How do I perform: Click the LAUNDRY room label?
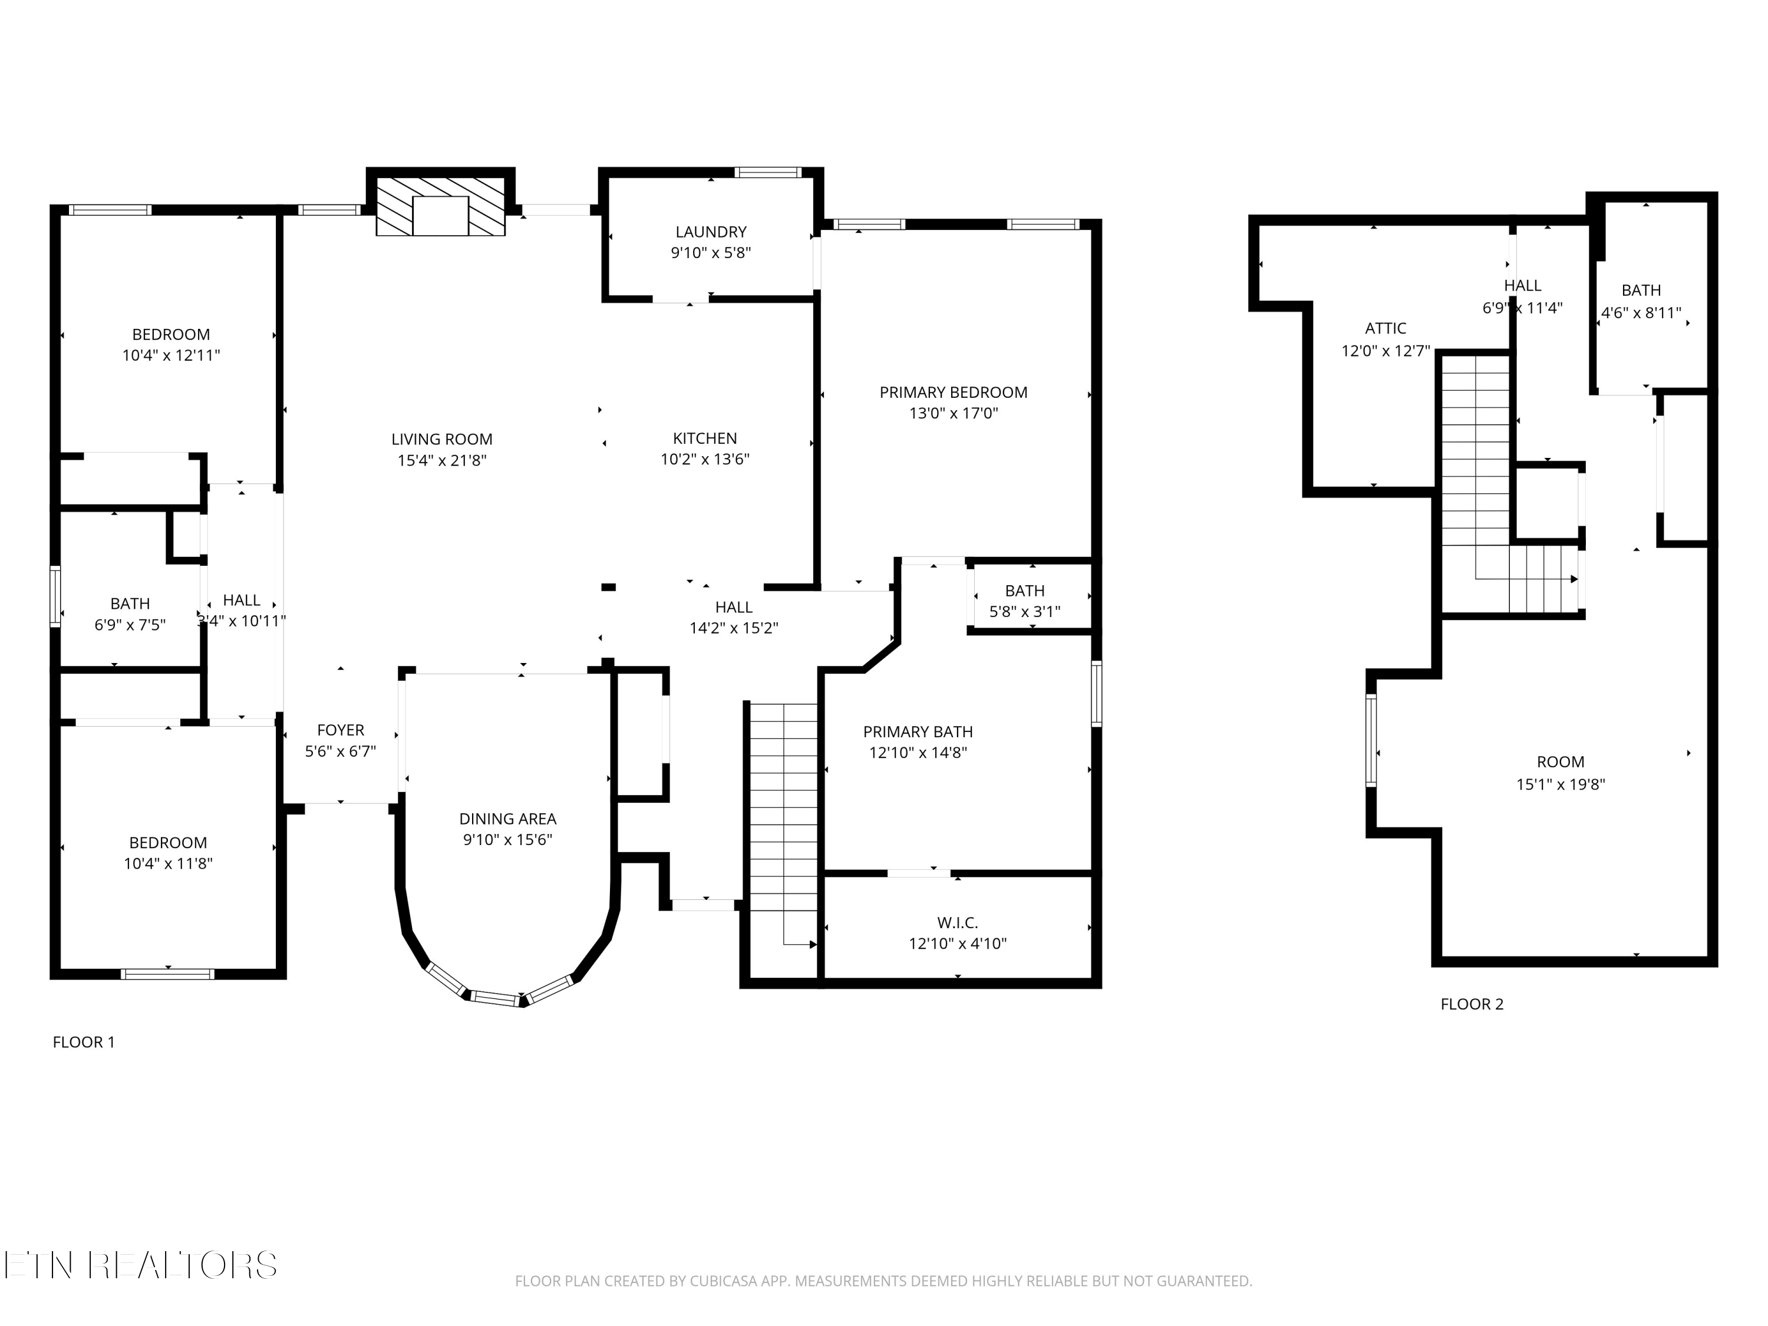pyautogui.click(x=711, y=232)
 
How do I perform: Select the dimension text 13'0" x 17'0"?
pyautogui.click(x=953, y=413)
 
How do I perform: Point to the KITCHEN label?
pyautogui.click(x=704, y=438)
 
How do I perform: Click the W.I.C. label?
pyautogui.click(x=956, y=922)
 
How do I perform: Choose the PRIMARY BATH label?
pyautogui.click(x=918, y=731)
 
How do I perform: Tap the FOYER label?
pyautogui.click(x=341, y=730)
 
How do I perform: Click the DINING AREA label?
pyautogui.click(x=507, y=819)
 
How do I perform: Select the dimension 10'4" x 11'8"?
pyautogui.click(x=168, y=863)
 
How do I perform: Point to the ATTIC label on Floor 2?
pyautogui.click(x=1385, y=328)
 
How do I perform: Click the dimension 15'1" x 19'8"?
pyautogui.click(x=1560, y=784)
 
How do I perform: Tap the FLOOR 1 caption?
pyautogui.click(x=84, y=1043)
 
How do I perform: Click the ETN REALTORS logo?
pyautogui.click(x=141, y=1265)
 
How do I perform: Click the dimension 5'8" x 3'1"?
pyautogui.click(x=1025, y=612)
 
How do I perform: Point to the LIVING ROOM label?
pyautogui.click(x=441, y=439)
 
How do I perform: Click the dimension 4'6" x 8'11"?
pyautogui.click(x=1641, y=312)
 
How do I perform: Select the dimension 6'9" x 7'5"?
pyautogui.click(x=130, y=624)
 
